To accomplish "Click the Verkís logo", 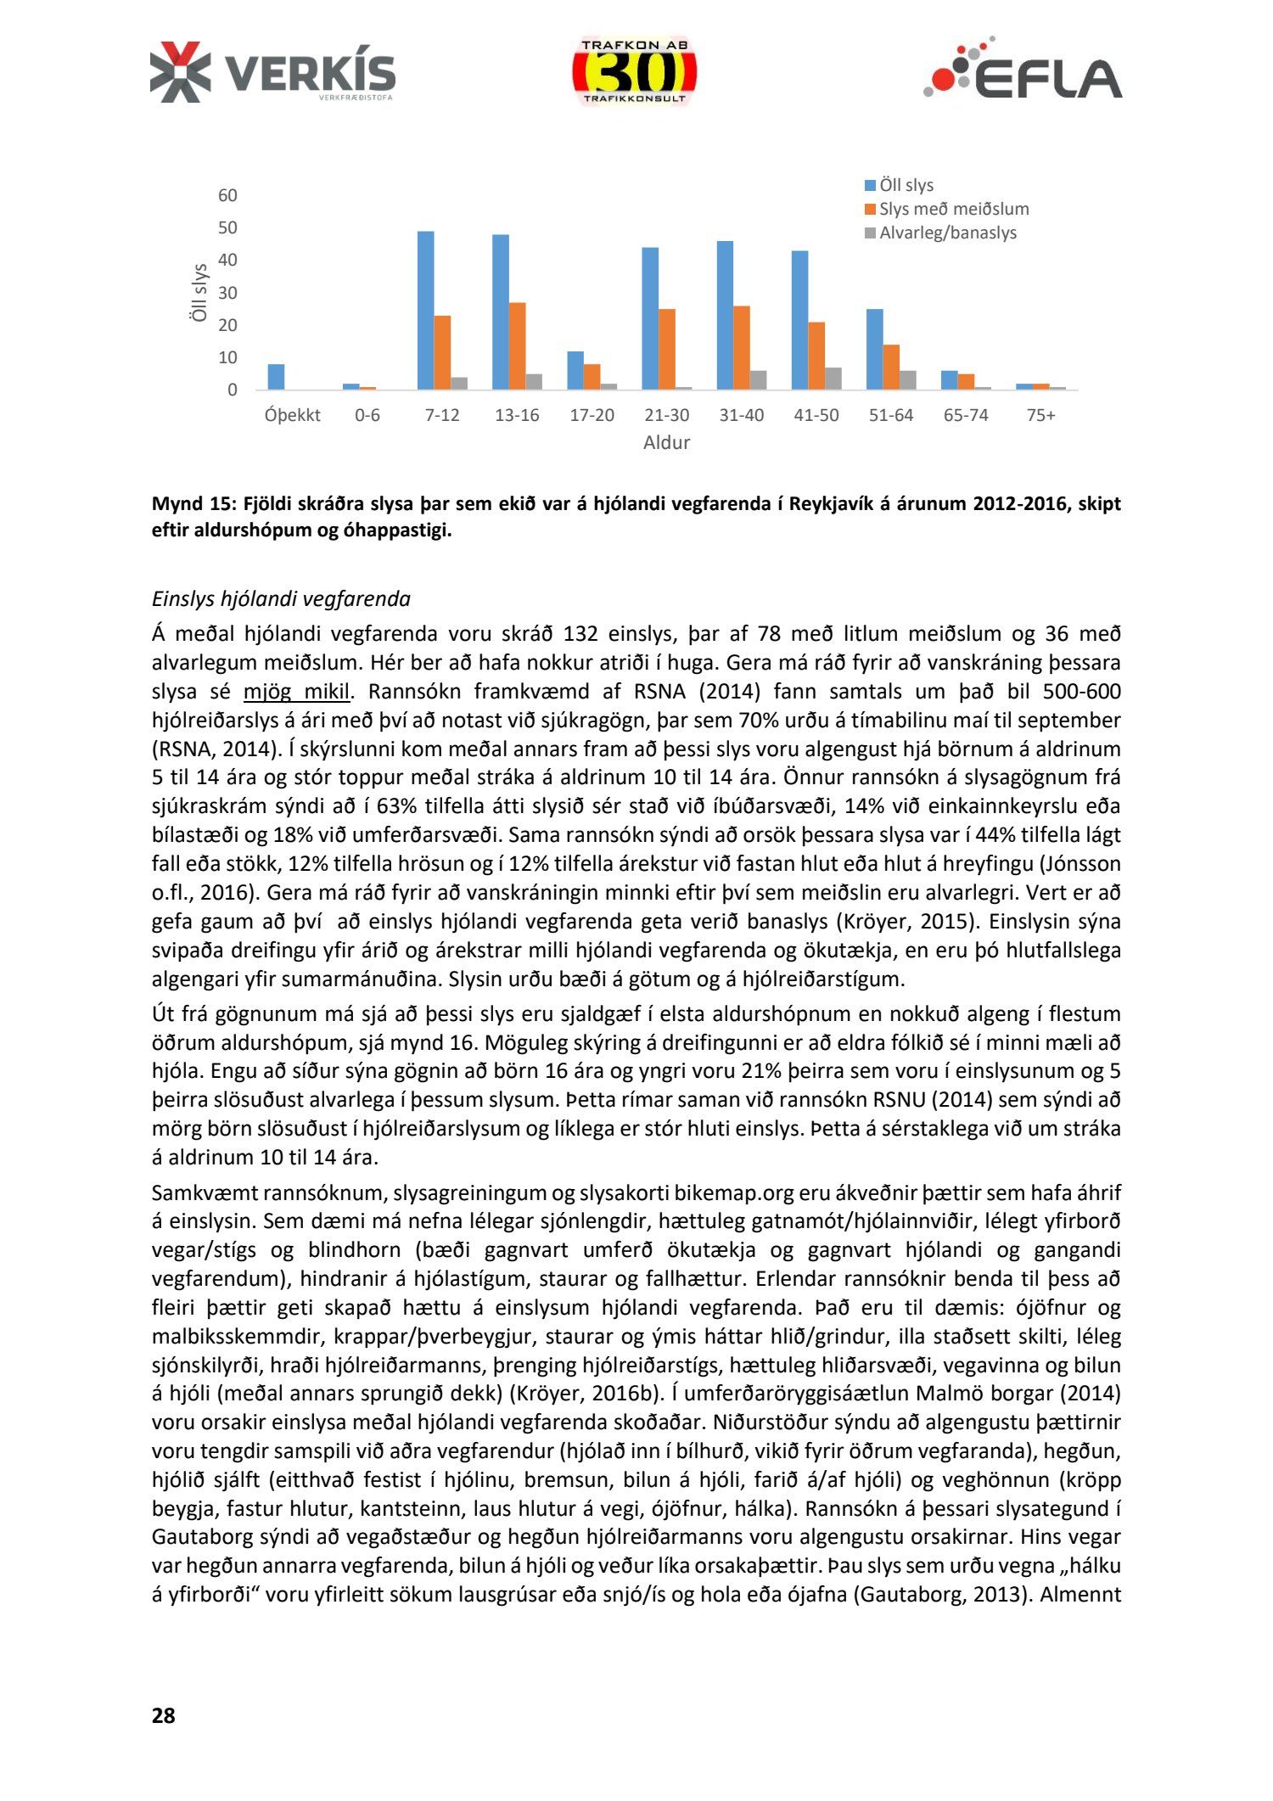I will point(272,73).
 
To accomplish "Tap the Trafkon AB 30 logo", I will point(634,72).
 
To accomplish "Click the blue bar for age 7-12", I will point(425,311).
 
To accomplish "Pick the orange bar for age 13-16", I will point(517,346).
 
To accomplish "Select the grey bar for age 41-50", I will point(833,379).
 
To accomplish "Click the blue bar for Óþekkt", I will point(276,377).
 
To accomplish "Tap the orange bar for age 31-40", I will point(741,348).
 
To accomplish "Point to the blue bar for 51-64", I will point(874,350).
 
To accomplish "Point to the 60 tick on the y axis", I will point(227,195).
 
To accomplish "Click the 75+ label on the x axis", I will point(1040,415).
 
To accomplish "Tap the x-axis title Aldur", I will point(666,442).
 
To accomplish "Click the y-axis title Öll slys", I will point(199,292).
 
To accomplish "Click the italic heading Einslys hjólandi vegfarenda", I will point(281,599).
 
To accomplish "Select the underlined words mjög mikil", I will point(296,692).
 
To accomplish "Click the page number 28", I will point(163,1715).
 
